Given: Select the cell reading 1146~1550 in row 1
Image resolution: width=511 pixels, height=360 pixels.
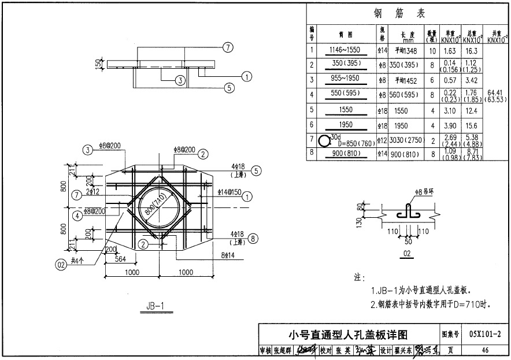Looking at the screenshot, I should point(345,50).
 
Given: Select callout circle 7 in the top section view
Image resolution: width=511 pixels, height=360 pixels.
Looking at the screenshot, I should point(228,47).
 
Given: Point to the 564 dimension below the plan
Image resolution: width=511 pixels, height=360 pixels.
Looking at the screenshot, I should point(120,259).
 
